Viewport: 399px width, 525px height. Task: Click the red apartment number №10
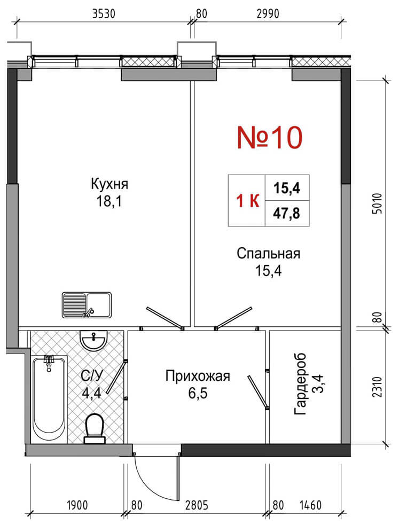[269, 137]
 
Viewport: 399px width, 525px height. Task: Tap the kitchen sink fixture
[87, 304]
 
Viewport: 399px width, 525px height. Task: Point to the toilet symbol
[95, 429]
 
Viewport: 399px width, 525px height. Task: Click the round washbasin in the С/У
[94, 341]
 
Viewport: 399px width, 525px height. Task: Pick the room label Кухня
[109, 184]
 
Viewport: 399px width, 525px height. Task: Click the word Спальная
[269, 254]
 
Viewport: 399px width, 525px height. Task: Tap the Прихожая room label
[198, 377]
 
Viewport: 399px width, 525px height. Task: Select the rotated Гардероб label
[300, 383]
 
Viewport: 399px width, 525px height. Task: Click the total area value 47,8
[286, 213]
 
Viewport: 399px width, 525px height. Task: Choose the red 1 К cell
[248, 201]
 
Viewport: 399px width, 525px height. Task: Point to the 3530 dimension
[104, 14]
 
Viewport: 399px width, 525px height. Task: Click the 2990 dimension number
[268, 14]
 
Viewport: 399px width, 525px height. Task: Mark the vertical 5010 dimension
[377, 203]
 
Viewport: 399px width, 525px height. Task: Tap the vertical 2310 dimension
[377, 387]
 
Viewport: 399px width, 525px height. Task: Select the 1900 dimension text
[77, 505]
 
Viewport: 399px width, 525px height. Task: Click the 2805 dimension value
[197, 505]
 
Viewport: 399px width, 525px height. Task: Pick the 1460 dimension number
[311, 505]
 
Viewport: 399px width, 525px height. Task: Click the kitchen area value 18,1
[109, 201]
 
